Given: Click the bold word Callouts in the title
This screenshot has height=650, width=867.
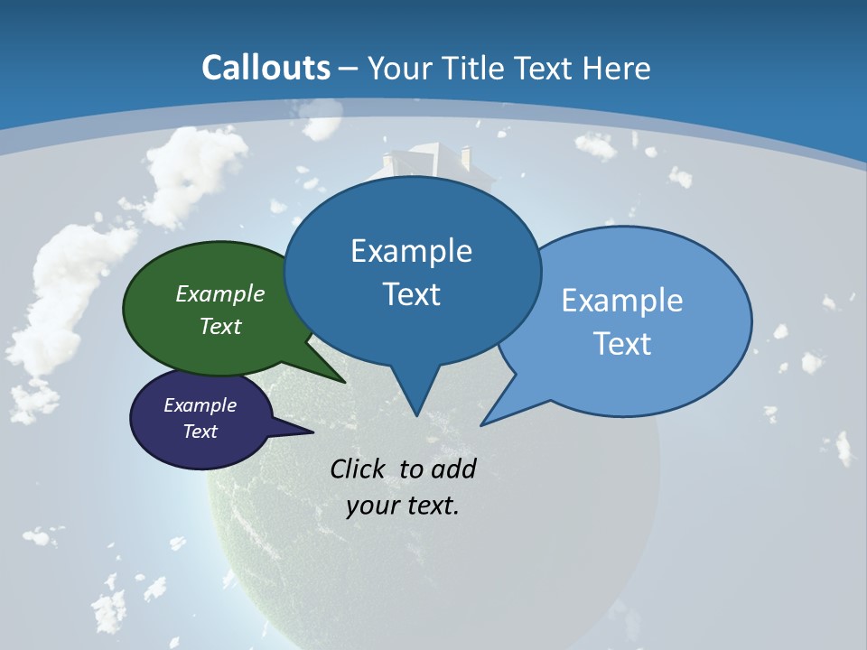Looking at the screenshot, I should [x=266, y=68].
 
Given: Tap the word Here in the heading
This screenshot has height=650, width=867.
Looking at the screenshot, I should [x=617, y=68].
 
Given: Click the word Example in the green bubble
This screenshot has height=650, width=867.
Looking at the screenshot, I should [x=220, y=293].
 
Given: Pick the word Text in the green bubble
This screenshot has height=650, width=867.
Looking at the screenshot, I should [x=220, y=326].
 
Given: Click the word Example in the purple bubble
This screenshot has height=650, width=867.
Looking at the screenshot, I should [x=200, y=405].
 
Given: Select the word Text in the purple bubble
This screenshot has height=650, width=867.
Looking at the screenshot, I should [x=200, y=432].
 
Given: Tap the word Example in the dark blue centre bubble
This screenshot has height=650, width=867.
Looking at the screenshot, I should [x=412, y=251].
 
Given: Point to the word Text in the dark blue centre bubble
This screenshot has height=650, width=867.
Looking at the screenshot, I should [x=412, y=294].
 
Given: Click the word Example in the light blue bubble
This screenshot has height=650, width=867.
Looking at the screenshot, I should [x=622, y=300].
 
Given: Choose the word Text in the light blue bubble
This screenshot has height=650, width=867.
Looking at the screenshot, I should [x=622, y=343].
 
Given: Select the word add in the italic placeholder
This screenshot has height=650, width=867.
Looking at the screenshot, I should [x=452, y=469].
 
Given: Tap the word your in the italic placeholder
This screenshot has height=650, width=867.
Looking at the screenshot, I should [x=371, y=506].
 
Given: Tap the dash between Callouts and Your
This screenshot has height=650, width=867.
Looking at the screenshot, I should [x=349, y=69].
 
